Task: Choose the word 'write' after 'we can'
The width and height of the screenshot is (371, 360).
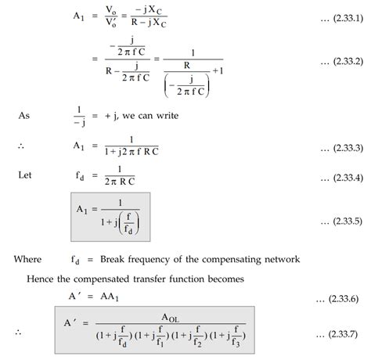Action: [x=165, y=115]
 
